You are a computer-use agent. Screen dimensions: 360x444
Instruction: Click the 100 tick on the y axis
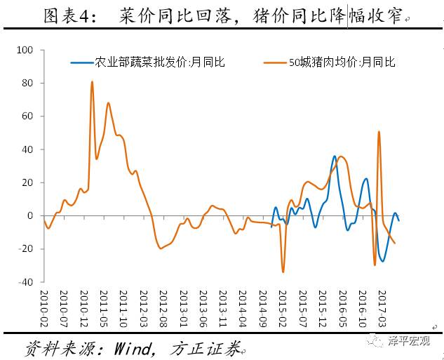click(26, 51)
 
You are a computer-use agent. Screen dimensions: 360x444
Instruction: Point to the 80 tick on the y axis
click(28, 84)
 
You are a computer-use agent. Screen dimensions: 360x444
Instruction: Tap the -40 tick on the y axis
click(27, 282)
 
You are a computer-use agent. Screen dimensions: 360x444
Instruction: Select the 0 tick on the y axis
click(31, 216)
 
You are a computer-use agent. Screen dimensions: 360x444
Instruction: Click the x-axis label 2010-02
click(43, 307)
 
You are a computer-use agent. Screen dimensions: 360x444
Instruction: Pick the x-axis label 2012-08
click(163, 307)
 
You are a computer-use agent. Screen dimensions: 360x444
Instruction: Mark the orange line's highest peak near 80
click(92, 82)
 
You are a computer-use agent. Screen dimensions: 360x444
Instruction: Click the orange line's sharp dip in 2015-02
click(283, 272)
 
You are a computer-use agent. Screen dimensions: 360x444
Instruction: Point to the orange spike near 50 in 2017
click(379, 132)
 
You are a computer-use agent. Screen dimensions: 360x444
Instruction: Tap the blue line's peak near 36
click(335, 156)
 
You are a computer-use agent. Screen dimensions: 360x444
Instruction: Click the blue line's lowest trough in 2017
click(382, 261)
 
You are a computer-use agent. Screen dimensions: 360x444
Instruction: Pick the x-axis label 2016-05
click(342, 307)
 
